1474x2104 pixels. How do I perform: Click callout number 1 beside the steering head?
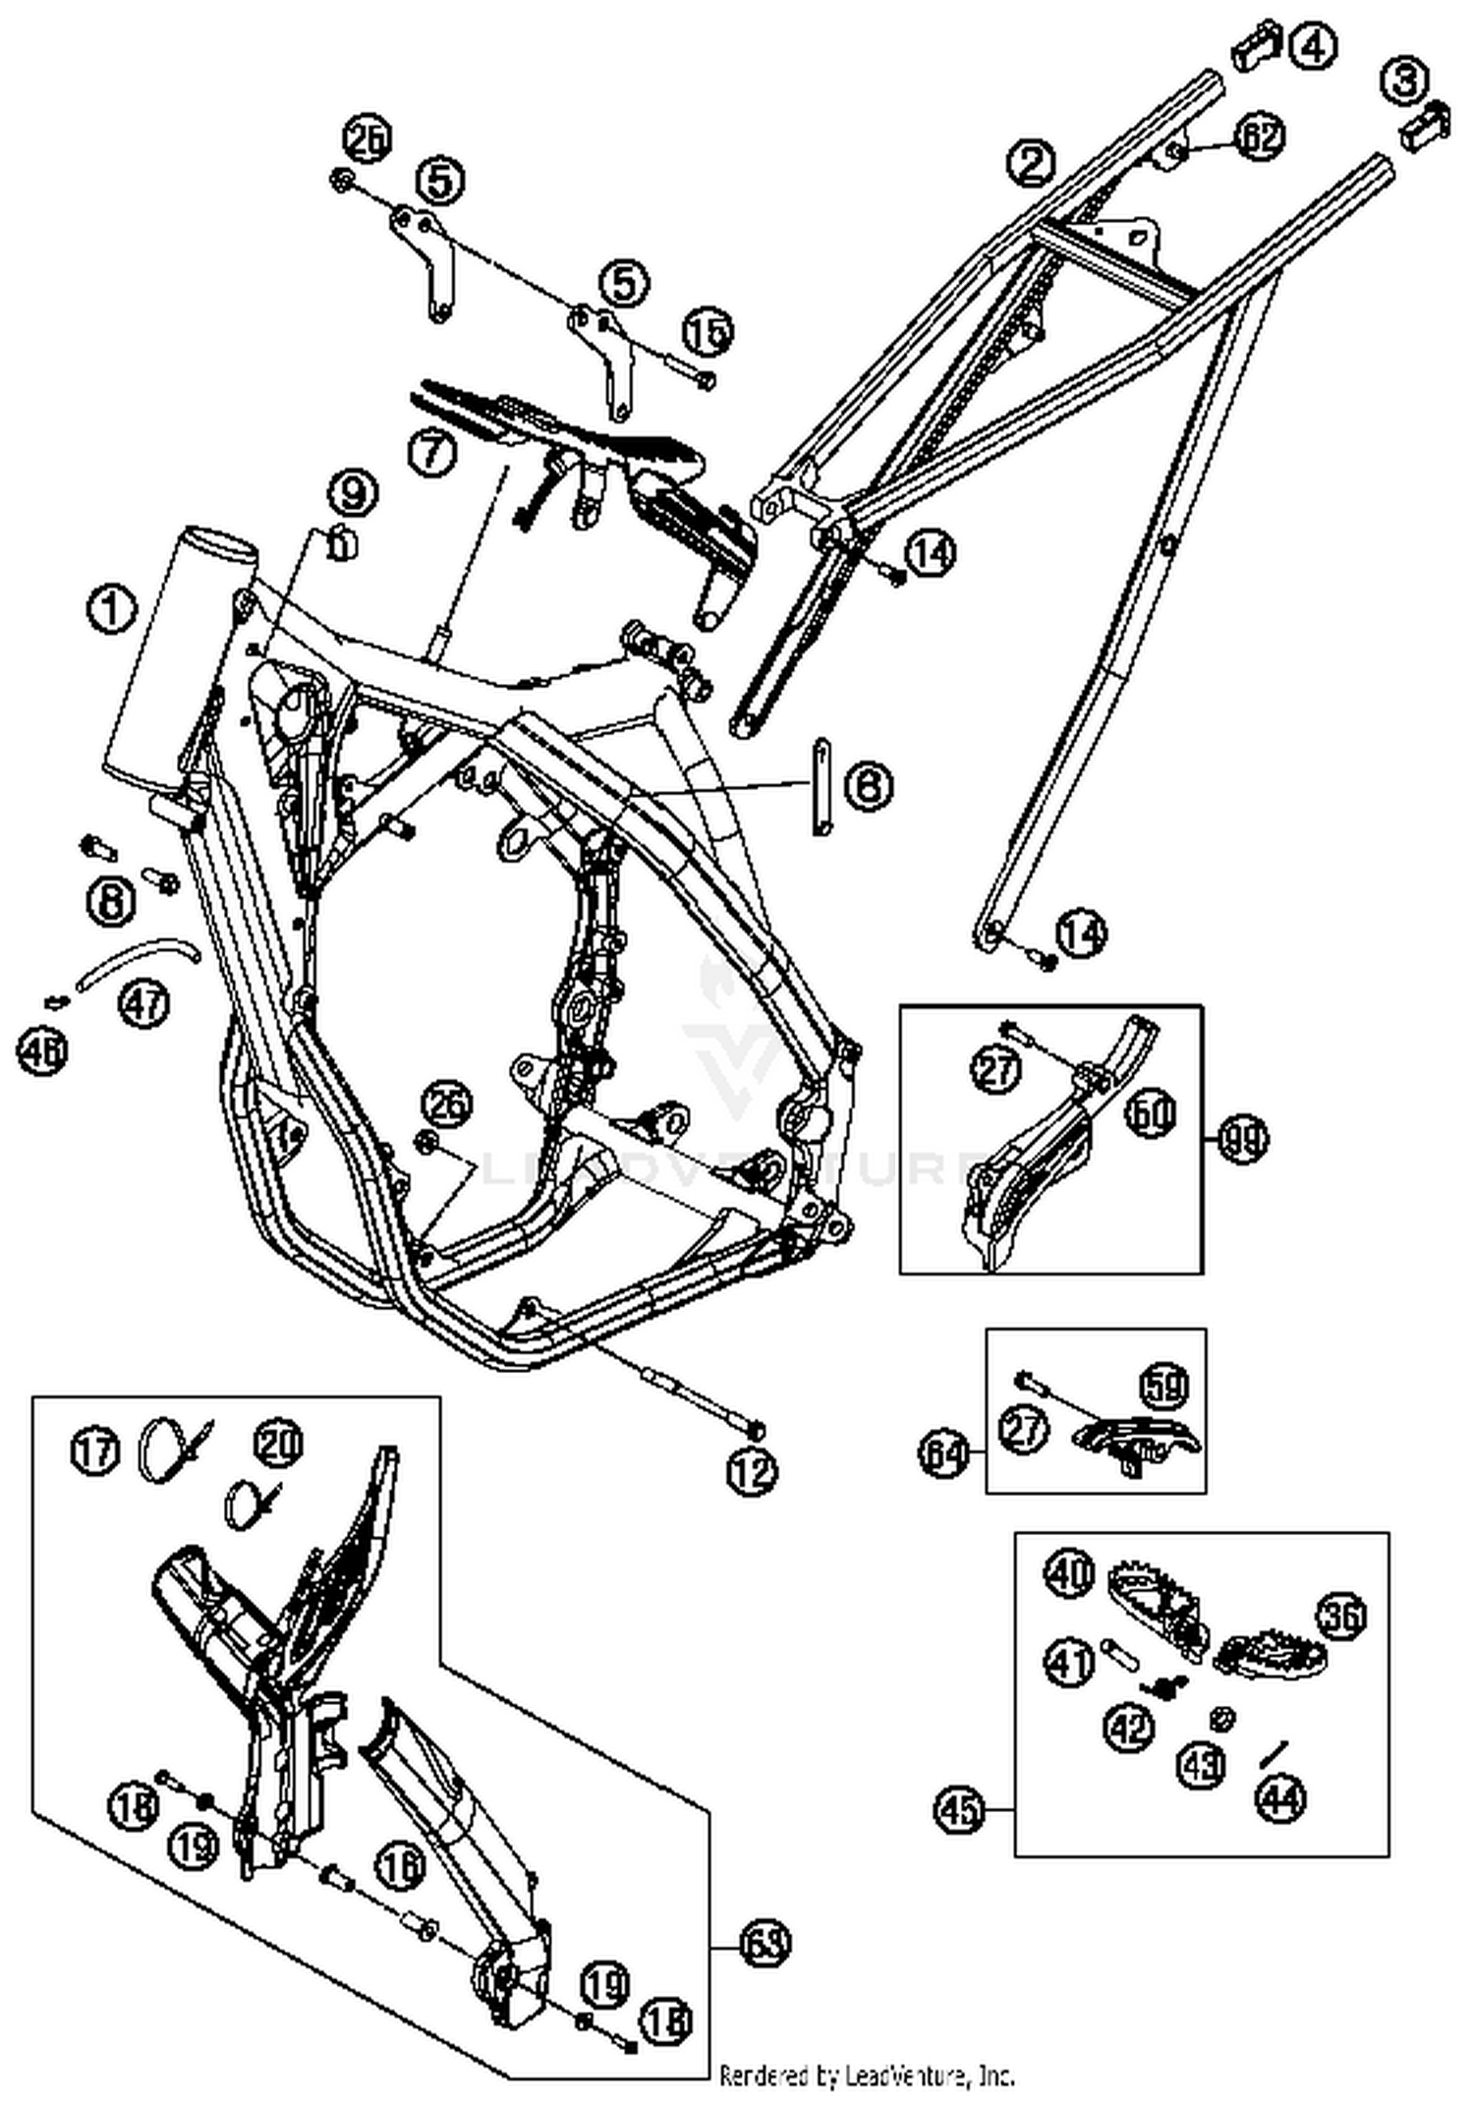pyautogui.click(x=112, y=609)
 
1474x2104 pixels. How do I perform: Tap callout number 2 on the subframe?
pyautogui.click(x=1031, y=162)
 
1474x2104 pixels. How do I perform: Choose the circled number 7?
pyautogui.click(x=433, y=454)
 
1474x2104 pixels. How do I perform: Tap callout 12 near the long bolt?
pyautogui.click(x=752, y=1471)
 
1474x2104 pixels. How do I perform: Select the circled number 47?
pyautogui.click(x=145, y=1003)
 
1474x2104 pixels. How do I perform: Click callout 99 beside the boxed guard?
pyautogui.click(x=1245, y=1141)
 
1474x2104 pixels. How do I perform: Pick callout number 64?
pyautogui.click(x=946, y=1452)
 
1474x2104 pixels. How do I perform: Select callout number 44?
pyautogui.click(x=1281, y=1799)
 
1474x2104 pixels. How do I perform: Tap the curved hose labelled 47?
pyautogui.click(x=138, y=956)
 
